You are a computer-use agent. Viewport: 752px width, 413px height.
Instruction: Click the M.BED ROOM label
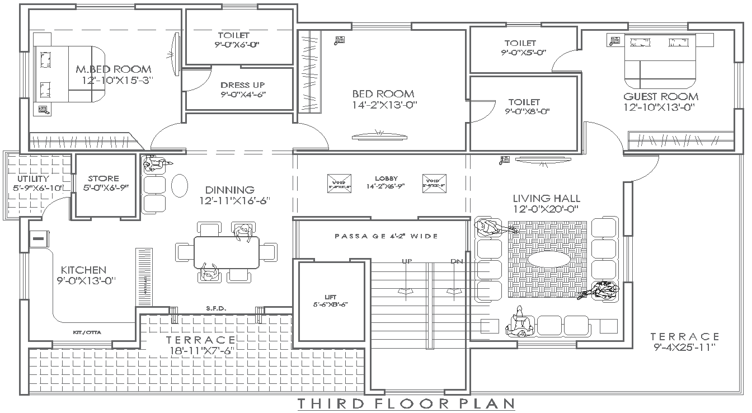click(x=114, y=69)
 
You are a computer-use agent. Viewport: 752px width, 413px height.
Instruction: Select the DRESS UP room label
click(x=243, y=85)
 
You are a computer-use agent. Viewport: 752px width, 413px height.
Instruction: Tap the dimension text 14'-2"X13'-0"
click(x=384, y=105)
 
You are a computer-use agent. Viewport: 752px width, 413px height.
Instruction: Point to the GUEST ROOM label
click(x=661, y=96)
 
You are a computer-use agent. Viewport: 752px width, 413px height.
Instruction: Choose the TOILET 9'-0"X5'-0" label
click(x=520, y=43)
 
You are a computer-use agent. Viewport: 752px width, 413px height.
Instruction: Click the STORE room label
click(x=104, y=180)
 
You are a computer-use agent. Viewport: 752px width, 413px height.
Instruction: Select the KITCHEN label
click(x=83, y=270)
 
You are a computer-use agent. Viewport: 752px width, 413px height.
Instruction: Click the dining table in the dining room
click(x=227, y=252)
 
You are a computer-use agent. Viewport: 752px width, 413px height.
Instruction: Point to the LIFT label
click(x=331, y=297)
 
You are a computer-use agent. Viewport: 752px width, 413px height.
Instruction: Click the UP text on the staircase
click(x=407, y=261)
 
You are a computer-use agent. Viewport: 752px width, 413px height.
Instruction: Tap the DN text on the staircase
click(x=456, y=261)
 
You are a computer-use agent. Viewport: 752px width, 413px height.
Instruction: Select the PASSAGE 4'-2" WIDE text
click(x=386, y=236)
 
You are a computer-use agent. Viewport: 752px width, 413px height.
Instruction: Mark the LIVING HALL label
click(x=547, y=198)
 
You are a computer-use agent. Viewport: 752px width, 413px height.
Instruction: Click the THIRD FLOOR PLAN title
click(x=406, y=403)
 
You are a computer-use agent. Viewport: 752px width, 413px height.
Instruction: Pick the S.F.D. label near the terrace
click(x=215, y=308)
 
